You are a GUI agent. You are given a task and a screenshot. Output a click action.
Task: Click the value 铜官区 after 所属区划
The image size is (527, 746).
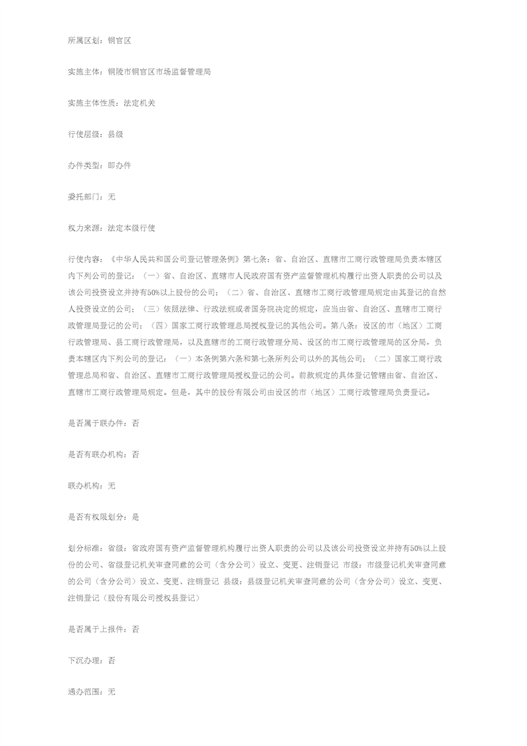[120, 41]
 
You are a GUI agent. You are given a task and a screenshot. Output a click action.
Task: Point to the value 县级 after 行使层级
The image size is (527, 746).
[115, 134]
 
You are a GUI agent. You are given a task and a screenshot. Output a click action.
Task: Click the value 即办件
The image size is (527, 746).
[120, 166]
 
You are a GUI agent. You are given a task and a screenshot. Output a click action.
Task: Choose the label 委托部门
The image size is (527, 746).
[83, 197]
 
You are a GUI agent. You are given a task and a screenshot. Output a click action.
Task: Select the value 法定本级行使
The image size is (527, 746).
[131, 228]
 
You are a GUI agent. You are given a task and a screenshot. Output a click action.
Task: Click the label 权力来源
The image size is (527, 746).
[83, 228]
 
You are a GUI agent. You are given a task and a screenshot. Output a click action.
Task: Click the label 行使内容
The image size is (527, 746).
[83, 258]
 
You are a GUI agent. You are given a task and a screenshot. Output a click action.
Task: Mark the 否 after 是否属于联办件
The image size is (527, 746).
[136, 423]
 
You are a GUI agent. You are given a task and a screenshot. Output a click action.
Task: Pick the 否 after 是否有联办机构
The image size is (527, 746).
[136, 454]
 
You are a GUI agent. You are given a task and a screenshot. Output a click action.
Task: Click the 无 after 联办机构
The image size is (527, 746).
[112, 485]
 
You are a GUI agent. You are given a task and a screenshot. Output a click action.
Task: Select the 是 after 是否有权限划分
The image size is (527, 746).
[136, 517]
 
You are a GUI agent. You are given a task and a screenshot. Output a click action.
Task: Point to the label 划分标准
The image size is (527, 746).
[83, 549]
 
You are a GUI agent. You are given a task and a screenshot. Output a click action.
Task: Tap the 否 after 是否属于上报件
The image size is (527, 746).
[136, 629]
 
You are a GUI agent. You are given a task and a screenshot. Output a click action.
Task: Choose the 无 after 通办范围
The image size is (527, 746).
[112, 691]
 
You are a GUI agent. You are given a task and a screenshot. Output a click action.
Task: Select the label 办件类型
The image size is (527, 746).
[83, 166]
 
